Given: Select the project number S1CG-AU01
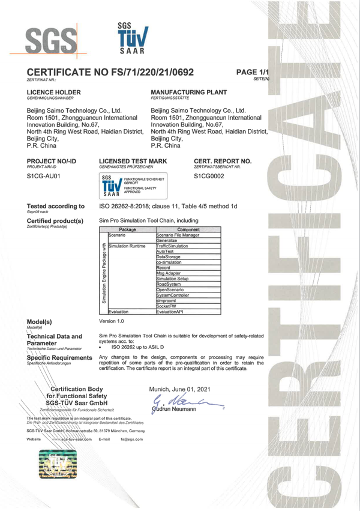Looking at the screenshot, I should pos(43,177).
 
